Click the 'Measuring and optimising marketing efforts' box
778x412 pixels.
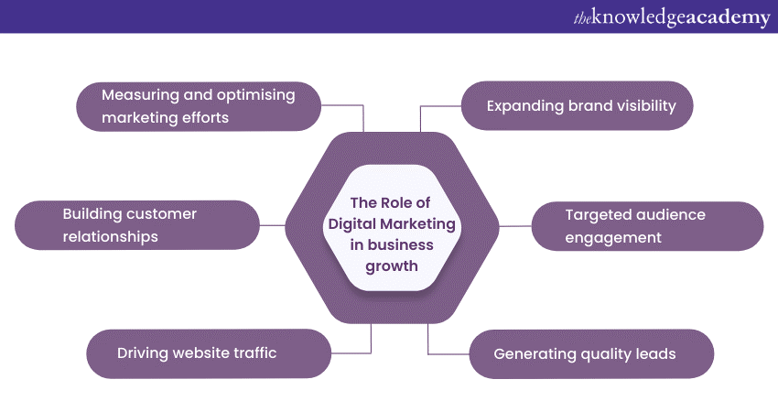click(x=198, y=106)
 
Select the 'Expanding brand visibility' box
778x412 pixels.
click(x=577, y=106)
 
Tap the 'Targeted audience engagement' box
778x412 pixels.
click(x=648, y=226)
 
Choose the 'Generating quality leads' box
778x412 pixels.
click(x=591, y=353)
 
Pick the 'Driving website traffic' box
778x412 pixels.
click(x=209, y=353)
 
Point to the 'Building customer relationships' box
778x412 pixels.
click(x=138, y=225)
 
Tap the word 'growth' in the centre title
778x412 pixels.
click(x=392, y=266)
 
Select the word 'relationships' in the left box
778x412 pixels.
click(x=111, y=237)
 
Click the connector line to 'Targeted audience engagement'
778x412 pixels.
click(x=516, y=226)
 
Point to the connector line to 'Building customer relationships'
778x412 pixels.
click(x=273, y=225)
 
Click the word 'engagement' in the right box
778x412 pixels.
click(x=613, y=238)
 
